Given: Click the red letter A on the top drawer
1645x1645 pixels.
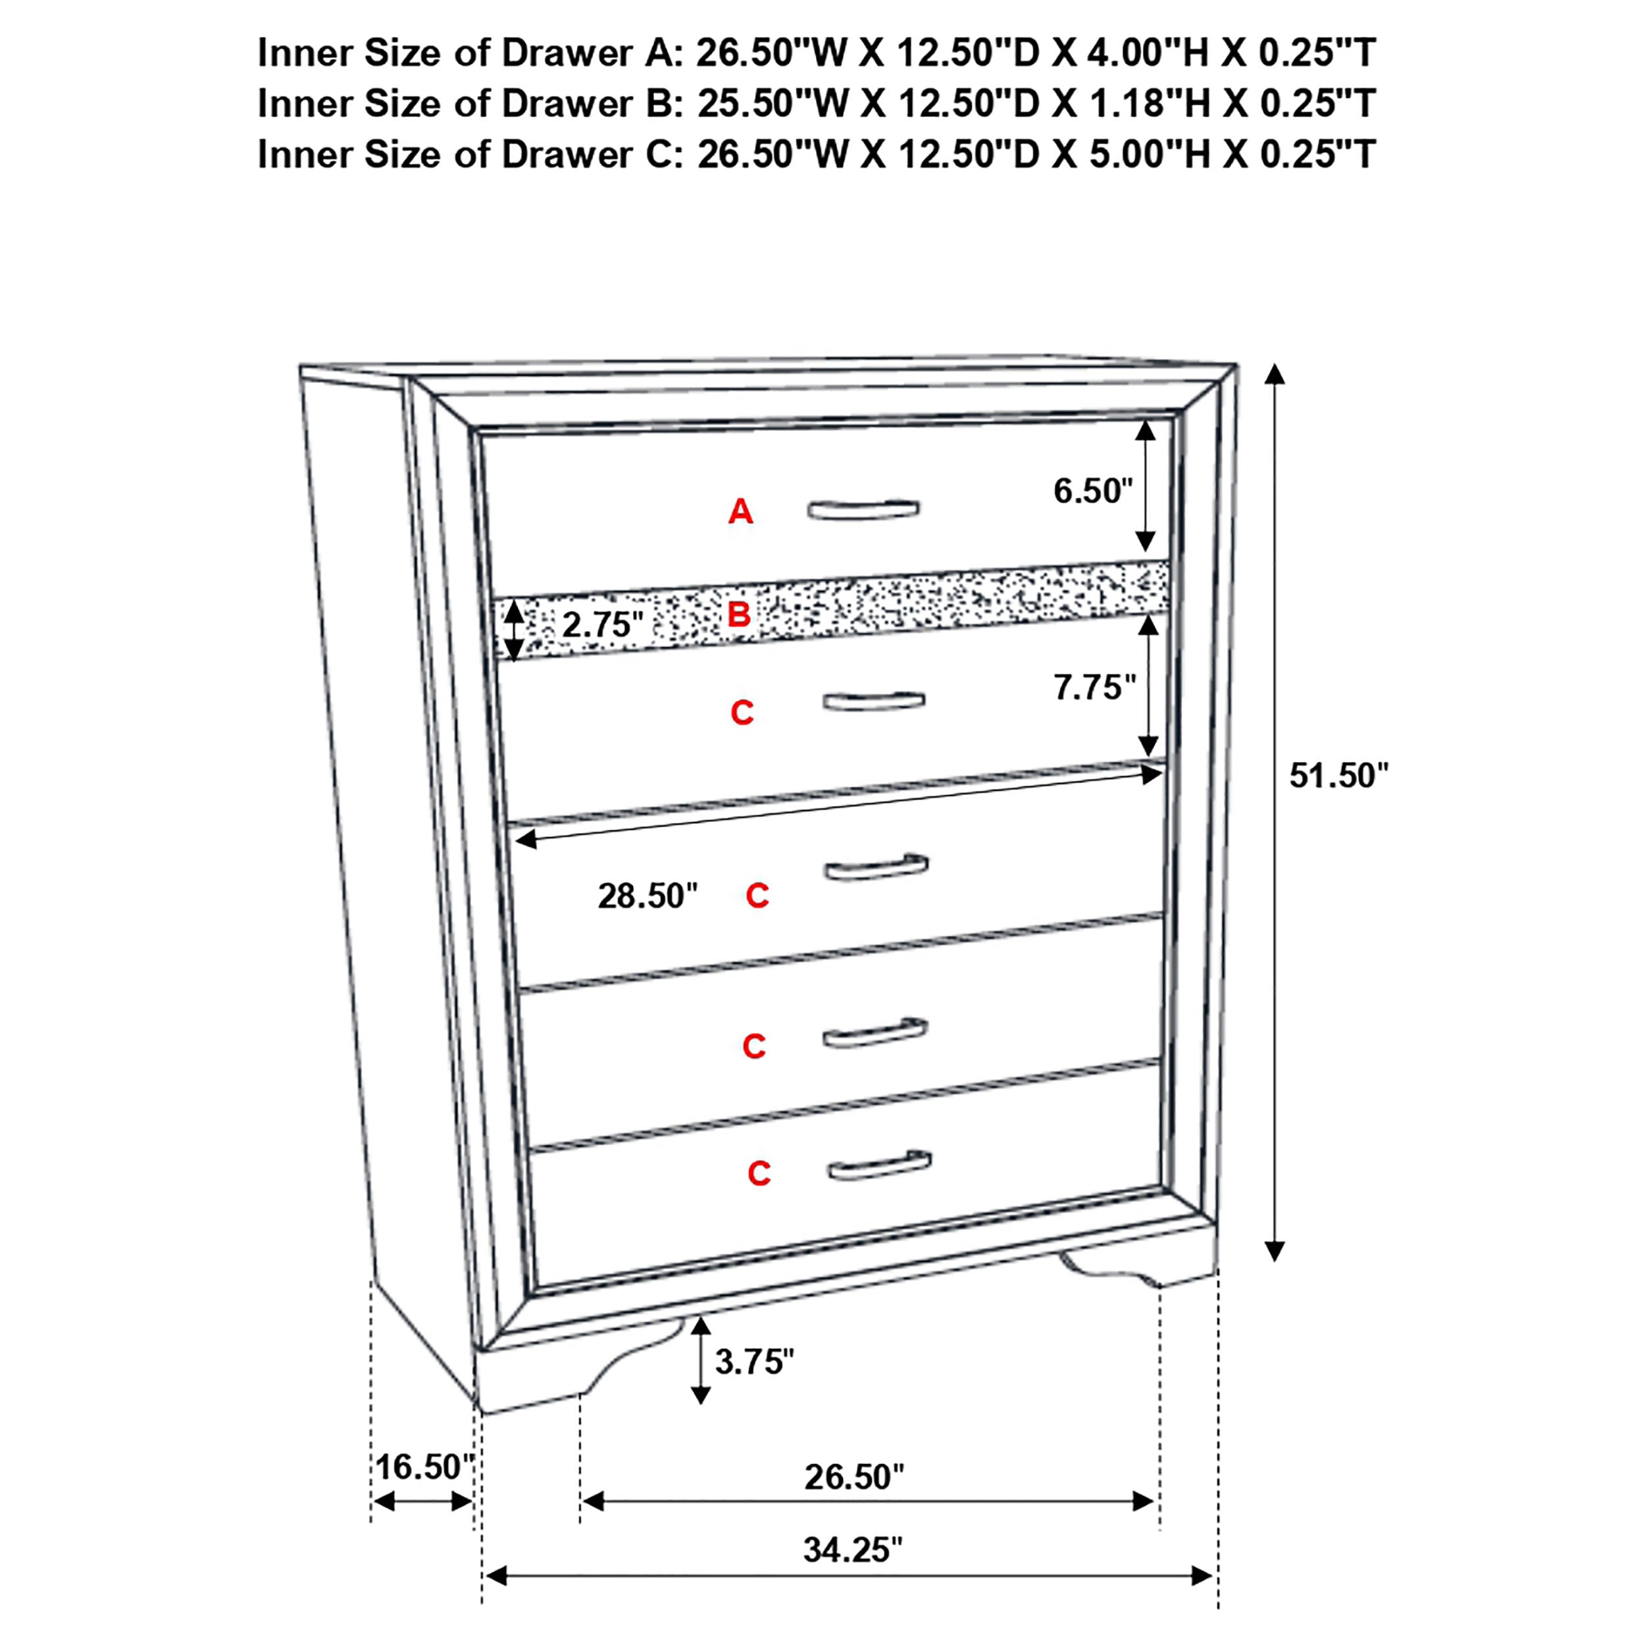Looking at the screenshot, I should tap(740, 512).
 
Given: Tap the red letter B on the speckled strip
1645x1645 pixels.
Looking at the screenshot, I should tap(738, 614).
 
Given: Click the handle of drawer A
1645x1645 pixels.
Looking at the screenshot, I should tap(863, 509).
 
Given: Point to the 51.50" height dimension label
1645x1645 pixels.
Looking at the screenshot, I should tap(1338, 776).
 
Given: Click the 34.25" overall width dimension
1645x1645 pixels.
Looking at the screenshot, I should tap(852, 1550).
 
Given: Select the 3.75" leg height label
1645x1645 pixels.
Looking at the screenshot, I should tap(753, 1361).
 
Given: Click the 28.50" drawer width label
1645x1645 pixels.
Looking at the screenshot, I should tap(647, 896).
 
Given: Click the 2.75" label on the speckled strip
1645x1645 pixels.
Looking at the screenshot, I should tap(602, 625).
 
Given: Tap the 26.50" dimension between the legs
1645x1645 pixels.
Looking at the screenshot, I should tap(854, 1477).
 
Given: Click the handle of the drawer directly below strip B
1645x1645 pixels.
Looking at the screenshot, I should tap(874, 701).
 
